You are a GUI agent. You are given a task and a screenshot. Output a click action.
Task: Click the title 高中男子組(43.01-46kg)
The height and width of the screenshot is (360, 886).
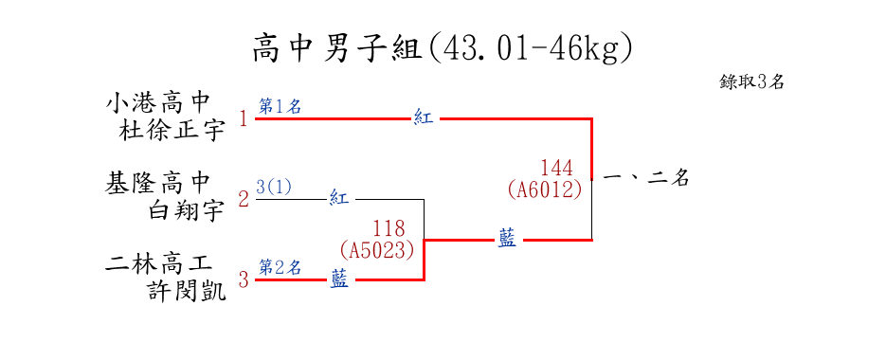coord(443,48)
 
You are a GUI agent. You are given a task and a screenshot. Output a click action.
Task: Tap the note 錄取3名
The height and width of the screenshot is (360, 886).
coord(751,81)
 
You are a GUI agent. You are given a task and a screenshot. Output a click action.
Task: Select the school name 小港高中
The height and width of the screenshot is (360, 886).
coord(157,104)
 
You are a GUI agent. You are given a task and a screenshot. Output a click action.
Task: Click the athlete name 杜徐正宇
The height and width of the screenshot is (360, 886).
coord(172,131)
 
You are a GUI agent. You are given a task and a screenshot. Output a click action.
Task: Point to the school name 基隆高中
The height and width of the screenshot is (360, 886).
coord(157,184)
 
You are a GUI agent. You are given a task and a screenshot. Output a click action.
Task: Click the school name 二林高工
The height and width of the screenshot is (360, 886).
coord(157,264)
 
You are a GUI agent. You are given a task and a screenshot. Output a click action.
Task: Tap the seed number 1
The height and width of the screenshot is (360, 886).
coord(244,119)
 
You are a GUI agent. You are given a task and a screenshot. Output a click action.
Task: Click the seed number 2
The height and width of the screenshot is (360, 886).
coord(244,200)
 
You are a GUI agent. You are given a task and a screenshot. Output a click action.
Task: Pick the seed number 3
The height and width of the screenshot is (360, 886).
coord(244,279)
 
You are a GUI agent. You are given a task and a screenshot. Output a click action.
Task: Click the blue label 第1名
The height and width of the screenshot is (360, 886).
coord(280,106)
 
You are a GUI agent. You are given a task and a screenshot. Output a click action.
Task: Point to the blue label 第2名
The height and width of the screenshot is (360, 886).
coord(280,267)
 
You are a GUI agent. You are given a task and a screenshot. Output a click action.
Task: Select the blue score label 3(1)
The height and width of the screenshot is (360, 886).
coord(274,187)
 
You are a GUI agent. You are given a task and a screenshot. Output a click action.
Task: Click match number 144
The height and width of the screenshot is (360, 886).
coord(556,168)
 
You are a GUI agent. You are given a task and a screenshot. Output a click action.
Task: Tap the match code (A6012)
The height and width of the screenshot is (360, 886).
coord(545,189)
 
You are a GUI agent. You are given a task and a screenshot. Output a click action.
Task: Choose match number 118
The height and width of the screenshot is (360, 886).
coord(389,228)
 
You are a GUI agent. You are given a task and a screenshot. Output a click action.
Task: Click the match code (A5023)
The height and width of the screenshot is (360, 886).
coord(377,250)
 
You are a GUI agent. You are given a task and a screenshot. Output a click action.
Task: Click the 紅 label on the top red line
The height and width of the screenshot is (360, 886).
coord(424,118)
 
